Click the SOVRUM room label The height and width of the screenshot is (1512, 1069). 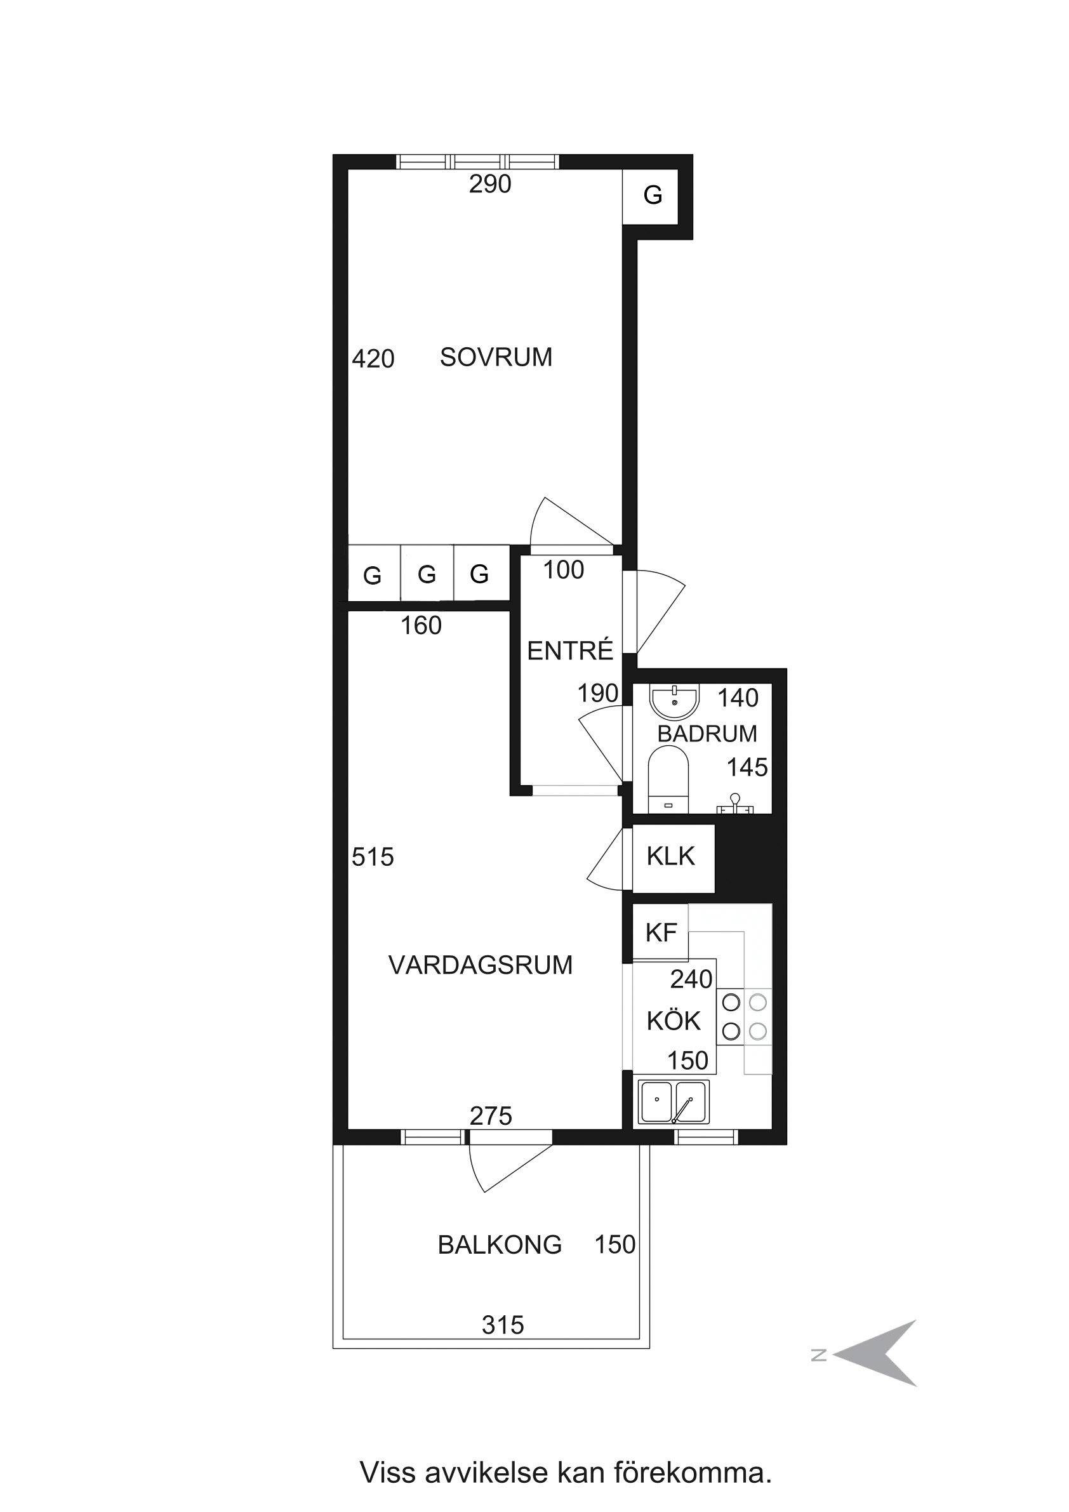496,357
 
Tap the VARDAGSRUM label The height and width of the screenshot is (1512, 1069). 481,965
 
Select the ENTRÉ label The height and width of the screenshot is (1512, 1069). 571,651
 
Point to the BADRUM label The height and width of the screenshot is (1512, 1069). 707,734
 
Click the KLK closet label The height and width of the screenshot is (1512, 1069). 670,856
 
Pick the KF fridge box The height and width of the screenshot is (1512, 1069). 661,932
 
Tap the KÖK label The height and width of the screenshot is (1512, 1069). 673,1020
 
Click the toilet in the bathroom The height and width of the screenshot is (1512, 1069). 668,779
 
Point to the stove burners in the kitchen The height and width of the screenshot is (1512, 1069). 744,1016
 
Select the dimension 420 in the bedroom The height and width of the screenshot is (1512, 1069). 373,359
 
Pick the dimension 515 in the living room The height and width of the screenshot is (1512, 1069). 373,857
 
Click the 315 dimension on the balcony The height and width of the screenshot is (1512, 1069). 503,1324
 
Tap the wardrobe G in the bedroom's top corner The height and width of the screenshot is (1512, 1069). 652,195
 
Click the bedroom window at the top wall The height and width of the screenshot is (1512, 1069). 478,161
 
